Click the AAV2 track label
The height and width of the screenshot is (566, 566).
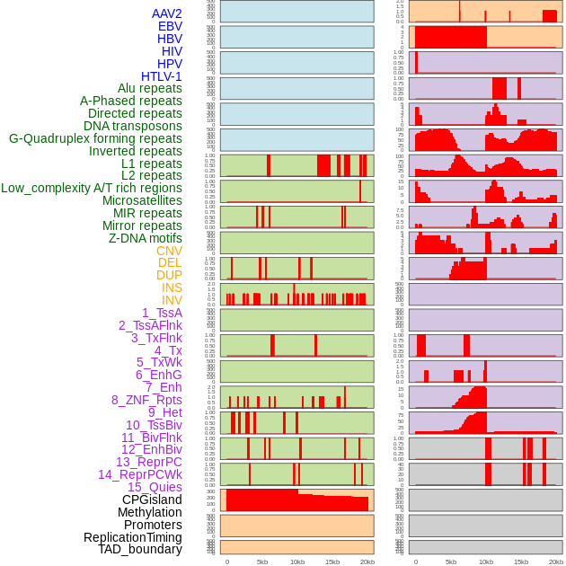[x=166, y=13]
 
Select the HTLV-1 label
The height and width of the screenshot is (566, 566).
[x=161, y=76]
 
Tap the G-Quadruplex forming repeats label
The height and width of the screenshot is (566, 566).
[x=95, y=139]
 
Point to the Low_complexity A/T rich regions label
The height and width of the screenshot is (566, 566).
[x=92, y=188]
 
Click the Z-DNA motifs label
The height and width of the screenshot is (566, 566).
[x=145, y=238]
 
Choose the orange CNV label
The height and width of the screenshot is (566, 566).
[x=169, y=251]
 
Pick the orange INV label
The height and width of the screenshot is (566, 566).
[x=172, y=300]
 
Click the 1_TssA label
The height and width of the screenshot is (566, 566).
[x=162, y=313]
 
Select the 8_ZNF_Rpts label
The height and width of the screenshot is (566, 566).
[x=146, y=400]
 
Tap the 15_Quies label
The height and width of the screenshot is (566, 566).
[x=155, y=487]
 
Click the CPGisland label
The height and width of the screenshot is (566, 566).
[x=152, y=500]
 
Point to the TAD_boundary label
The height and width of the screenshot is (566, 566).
[x=140, y=549]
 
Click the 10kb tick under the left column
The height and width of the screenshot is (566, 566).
[x=297, y=562]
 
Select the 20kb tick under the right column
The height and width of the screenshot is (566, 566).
[x=556, y=562]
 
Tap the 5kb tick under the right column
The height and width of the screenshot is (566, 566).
[x=451, y=562]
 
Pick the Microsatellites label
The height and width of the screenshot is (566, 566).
[x=142, y=200]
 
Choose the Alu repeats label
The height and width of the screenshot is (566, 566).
[x=150, y=88]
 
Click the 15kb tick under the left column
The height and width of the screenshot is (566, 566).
[x=332, y=562]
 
